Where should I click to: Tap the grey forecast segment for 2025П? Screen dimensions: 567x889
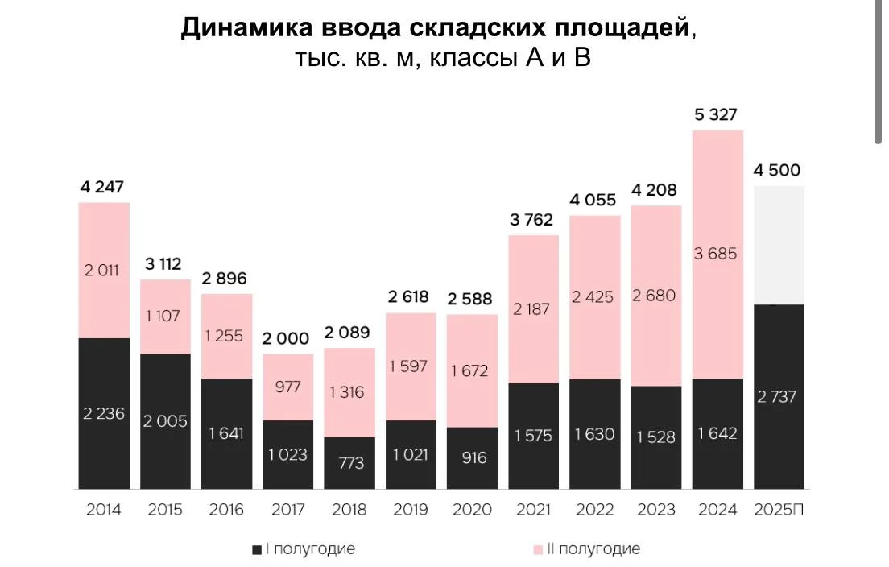point(779,245)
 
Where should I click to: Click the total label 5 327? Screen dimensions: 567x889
point(716,115)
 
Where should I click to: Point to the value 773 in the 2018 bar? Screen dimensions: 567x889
point(350,463)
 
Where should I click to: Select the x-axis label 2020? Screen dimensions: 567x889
point(473,510)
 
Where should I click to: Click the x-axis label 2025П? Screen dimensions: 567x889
point(779,510)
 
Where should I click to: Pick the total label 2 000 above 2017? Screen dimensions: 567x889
point(286,339)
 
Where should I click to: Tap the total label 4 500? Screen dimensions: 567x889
point(779,171)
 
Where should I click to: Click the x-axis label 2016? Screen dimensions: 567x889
point(226,510)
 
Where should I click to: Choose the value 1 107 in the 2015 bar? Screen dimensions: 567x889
point(164,317)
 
